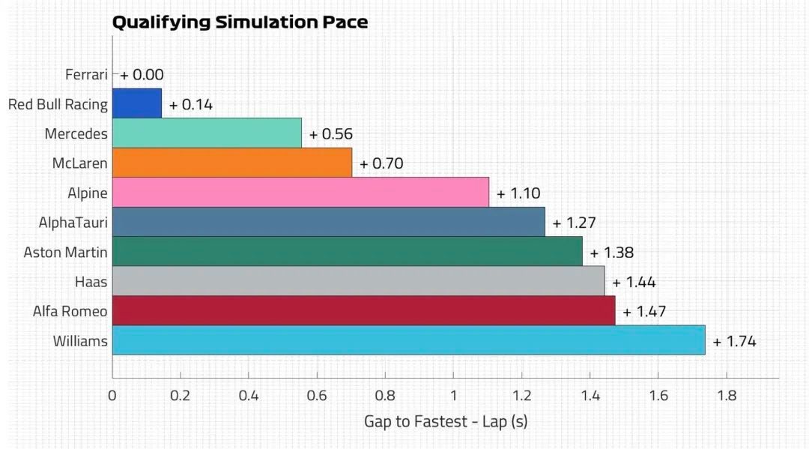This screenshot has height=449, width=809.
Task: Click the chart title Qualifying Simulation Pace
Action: (240, 22)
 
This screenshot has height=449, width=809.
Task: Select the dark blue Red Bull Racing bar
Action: (137, 103)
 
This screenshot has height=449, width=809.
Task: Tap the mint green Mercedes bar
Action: (207, 133)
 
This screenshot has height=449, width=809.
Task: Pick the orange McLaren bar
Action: (232, 163)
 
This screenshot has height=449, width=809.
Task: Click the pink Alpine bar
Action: (300, 193)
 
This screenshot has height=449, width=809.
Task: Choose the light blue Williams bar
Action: (409, 340)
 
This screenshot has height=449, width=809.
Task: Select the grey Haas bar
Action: (359, 281)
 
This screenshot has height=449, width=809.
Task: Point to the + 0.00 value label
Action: (142, 75)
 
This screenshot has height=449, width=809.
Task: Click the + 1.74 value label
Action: (734, 342)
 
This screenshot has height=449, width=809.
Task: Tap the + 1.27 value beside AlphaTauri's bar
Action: (575, 223)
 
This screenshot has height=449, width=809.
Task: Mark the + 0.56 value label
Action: (331, 134)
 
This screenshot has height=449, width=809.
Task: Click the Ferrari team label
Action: (86, 75)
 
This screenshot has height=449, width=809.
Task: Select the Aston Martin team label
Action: (65, 253)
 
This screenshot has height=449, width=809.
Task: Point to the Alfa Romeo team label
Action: (70, 311)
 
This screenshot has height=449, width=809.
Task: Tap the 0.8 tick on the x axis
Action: (385, 396)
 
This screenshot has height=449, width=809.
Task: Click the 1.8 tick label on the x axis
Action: (727, 396)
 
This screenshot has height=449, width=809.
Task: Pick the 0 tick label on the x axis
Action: (112, 396)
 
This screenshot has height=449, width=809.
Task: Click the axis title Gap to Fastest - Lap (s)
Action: (446, 422)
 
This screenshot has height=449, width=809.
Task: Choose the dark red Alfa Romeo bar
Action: (364, 310)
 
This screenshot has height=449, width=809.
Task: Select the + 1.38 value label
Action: (612, 253)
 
